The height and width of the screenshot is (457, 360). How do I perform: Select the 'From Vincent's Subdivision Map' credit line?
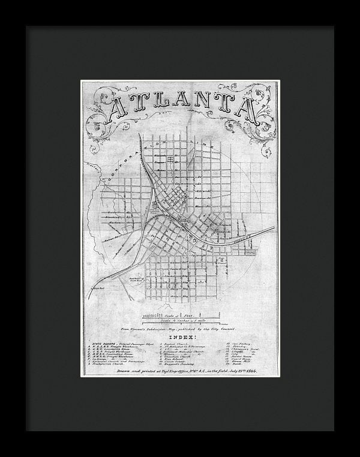click(x=178, y=329)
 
